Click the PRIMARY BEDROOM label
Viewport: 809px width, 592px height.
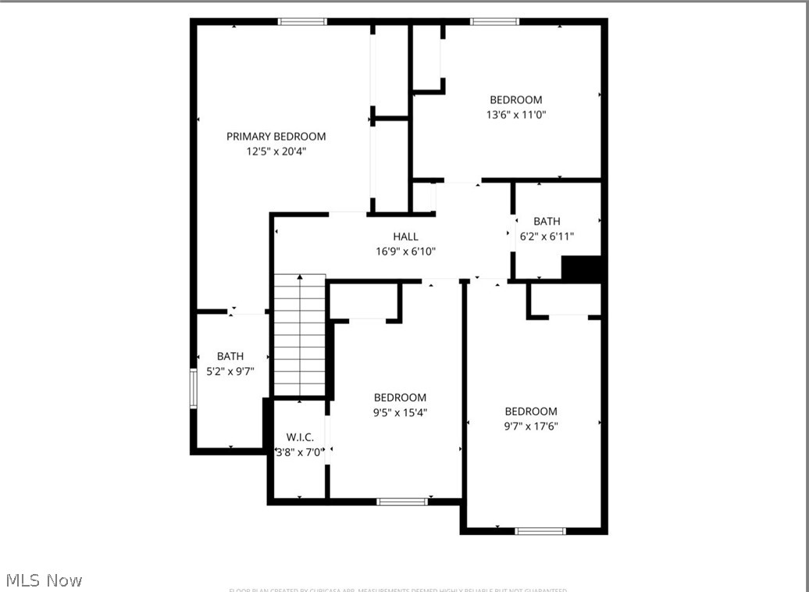tap(276, 137)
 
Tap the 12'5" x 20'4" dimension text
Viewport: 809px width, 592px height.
tap(276, 152)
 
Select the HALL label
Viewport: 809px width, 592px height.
tap(405, 237)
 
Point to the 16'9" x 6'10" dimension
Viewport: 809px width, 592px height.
tap(405, 251)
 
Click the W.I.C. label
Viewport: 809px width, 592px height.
tap(300, 437)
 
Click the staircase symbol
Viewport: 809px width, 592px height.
tap(300, 335)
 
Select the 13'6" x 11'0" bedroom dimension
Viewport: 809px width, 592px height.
tap(515, 115)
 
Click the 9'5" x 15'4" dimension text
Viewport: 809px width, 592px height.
tap(400, 412)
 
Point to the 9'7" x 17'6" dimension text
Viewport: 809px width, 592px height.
tap(531, 426)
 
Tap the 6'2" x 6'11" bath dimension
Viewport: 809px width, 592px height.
tap(547, 236)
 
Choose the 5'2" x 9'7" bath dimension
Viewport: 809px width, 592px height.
tap(230, 372)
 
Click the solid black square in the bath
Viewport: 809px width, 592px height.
tap(582, 269)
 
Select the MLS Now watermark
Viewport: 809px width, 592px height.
tap(44, 580)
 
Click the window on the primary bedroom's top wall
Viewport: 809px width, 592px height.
tap(302, 22)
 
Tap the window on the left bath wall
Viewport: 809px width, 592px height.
tap(194, 388)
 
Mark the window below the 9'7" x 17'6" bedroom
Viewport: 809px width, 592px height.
tap(540, 531)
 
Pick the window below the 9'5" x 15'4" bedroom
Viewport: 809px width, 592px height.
tap(402, 501)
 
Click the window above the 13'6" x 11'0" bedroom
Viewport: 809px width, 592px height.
tap(494, 22)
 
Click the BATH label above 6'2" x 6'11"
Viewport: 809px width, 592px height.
tap(547, 222)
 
